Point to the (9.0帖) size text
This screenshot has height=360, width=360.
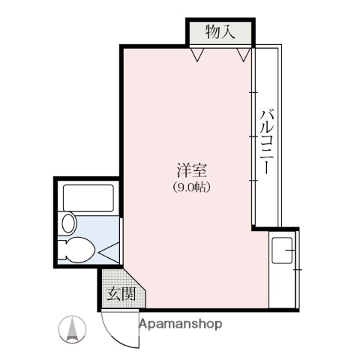188,187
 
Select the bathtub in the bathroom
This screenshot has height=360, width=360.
87,198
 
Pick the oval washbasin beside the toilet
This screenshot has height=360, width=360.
69,223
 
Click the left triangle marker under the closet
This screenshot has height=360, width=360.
196,53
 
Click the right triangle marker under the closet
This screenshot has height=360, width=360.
242,53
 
